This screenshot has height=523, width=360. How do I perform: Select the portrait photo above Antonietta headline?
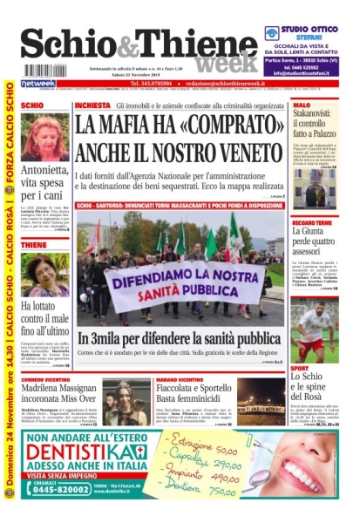pos(44,140)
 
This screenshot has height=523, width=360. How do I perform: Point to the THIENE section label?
pos(35,246)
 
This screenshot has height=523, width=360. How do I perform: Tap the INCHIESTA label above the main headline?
pos(93,105)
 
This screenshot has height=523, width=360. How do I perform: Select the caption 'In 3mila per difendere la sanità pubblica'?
pos(179,338)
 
